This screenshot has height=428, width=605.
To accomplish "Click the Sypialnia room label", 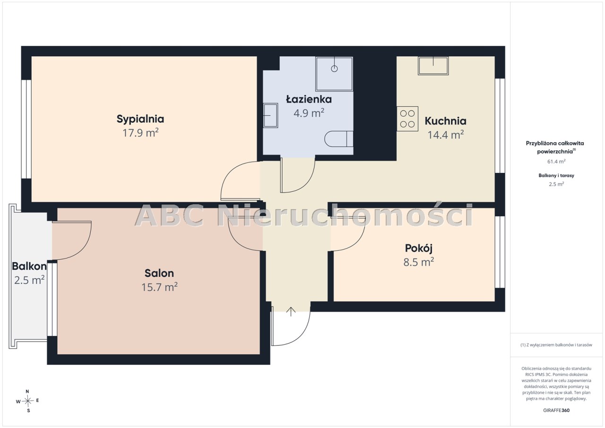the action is click(140, 119).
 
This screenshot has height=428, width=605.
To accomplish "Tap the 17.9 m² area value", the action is click(140, 133).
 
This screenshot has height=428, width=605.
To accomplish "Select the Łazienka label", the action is click(309, 99).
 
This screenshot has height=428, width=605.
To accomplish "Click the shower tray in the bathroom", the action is click(334, 74).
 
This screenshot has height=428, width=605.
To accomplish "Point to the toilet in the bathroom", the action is click(339, 139).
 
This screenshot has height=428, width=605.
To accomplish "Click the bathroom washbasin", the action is click(270, 115).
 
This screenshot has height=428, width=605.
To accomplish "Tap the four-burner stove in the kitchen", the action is click(407, 119).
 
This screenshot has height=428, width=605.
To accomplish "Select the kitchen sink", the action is click(433, 66).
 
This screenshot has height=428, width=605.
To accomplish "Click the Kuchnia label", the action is click(445, 121).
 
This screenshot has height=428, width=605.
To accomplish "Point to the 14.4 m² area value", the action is click(446, 135).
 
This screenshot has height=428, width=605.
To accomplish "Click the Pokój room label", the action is click(419, 248).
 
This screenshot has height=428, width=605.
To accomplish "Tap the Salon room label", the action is click(159, 273).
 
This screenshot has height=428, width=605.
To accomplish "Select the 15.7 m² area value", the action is click(159, 287).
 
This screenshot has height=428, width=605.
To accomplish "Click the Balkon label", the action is click(29, 266).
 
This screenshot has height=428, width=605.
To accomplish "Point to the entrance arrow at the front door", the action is click(291, 311).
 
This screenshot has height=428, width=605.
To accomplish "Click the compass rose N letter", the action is click(27, 391).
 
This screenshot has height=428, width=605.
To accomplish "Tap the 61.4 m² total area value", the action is click(556, 162).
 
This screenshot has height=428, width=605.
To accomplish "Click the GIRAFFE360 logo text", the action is click(556, 410).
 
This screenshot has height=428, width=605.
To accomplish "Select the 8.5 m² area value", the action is click(419, 262).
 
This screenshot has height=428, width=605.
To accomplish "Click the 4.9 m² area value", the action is click(309, 113).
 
